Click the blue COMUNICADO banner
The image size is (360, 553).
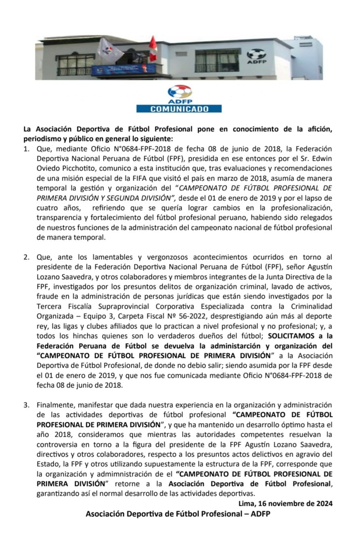179,109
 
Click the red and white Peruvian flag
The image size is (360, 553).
153,48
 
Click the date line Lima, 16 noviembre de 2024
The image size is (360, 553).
285,503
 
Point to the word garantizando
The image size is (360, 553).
58,493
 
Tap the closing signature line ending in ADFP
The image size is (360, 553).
178,514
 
